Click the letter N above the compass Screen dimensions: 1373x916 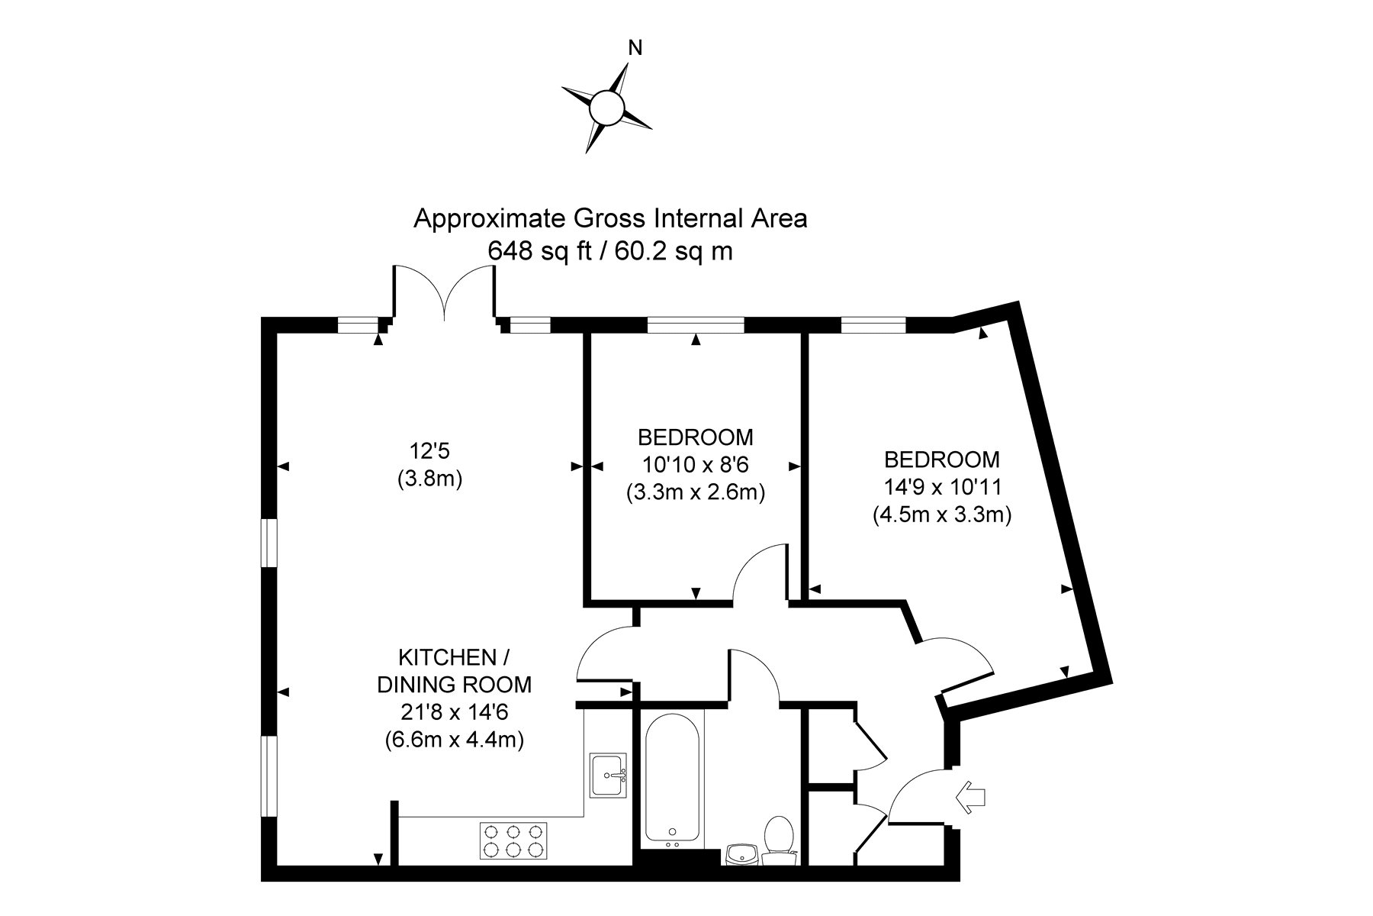click(x=634, y=48)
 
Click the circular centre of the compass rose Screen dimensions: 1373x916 click(x=607, y=107)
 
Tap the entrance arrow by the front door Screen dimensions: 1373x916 click(x=969, y=797)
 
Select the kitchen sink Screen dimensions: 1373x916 click(x=608, y=775)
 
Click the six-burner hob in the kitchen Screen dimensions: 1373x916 click(x=513, y=840)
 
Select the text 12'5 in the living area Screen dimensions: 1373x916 click(x=430, y=454)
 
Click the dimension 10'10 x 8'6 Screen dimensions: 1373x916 click(x=695, y=465)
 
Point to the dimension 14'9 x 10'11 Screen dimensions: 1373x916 click(x=941, y=487)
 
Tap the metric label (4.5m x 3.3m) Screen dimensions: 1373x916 click(x=941, y=515)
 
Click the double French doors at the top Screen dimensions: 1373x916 click(x=444, y=294)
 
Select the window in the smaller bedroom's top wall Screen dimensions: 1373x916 click(x=695, y=325)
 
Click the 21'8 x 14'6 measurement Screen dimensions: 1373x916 click(x=455, y=712)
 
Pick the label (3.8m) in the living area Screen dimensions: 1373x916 click(x=430, y=480)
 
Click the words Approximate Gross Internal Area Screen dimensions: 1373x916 click(x=609, y=219)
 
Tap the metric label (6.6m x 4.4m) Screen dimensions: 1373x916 click(x=455, y=740)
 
